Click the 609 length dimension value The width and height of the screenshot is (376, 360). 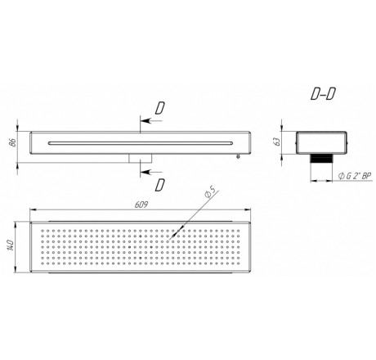[x=141, y=205]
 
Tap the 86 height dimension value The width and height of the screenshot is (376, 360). [x=12, y=142]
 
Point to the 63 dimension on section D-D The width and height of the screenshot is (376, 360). [x=278, y=142]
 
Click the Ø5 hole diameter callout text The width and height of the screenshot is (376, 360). [x=211, y=192]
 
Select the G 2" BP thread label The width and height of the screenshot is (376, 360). [x=355, y=176]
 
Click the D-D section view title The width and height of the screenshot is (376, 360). [x=323, y=94]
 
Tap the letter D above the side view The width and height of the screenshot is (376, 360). [x=160, y=108]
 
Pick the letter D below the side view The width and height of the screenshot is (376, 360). [x=160, y=185]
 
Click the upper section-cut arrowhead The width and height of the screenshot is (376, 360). [x=145, y=120]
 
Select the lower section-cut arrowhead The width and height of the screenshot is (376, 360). [x=145, y=172]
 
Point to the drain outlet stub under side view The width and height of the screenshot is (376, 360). [x=141, y=159]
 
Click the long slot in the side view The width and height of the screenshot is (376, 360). [x=141, y=143]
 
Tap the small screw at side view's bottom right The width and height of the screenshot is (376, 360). [x=239, y=156]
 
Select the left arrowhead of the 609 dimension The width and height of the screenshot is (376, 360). [x=34, y=209]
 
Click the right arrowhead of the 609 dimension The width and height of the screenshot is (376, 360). [x=248, y=209]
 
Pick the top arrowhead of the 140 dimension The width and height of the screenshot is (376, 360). [x=16, y=225]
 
